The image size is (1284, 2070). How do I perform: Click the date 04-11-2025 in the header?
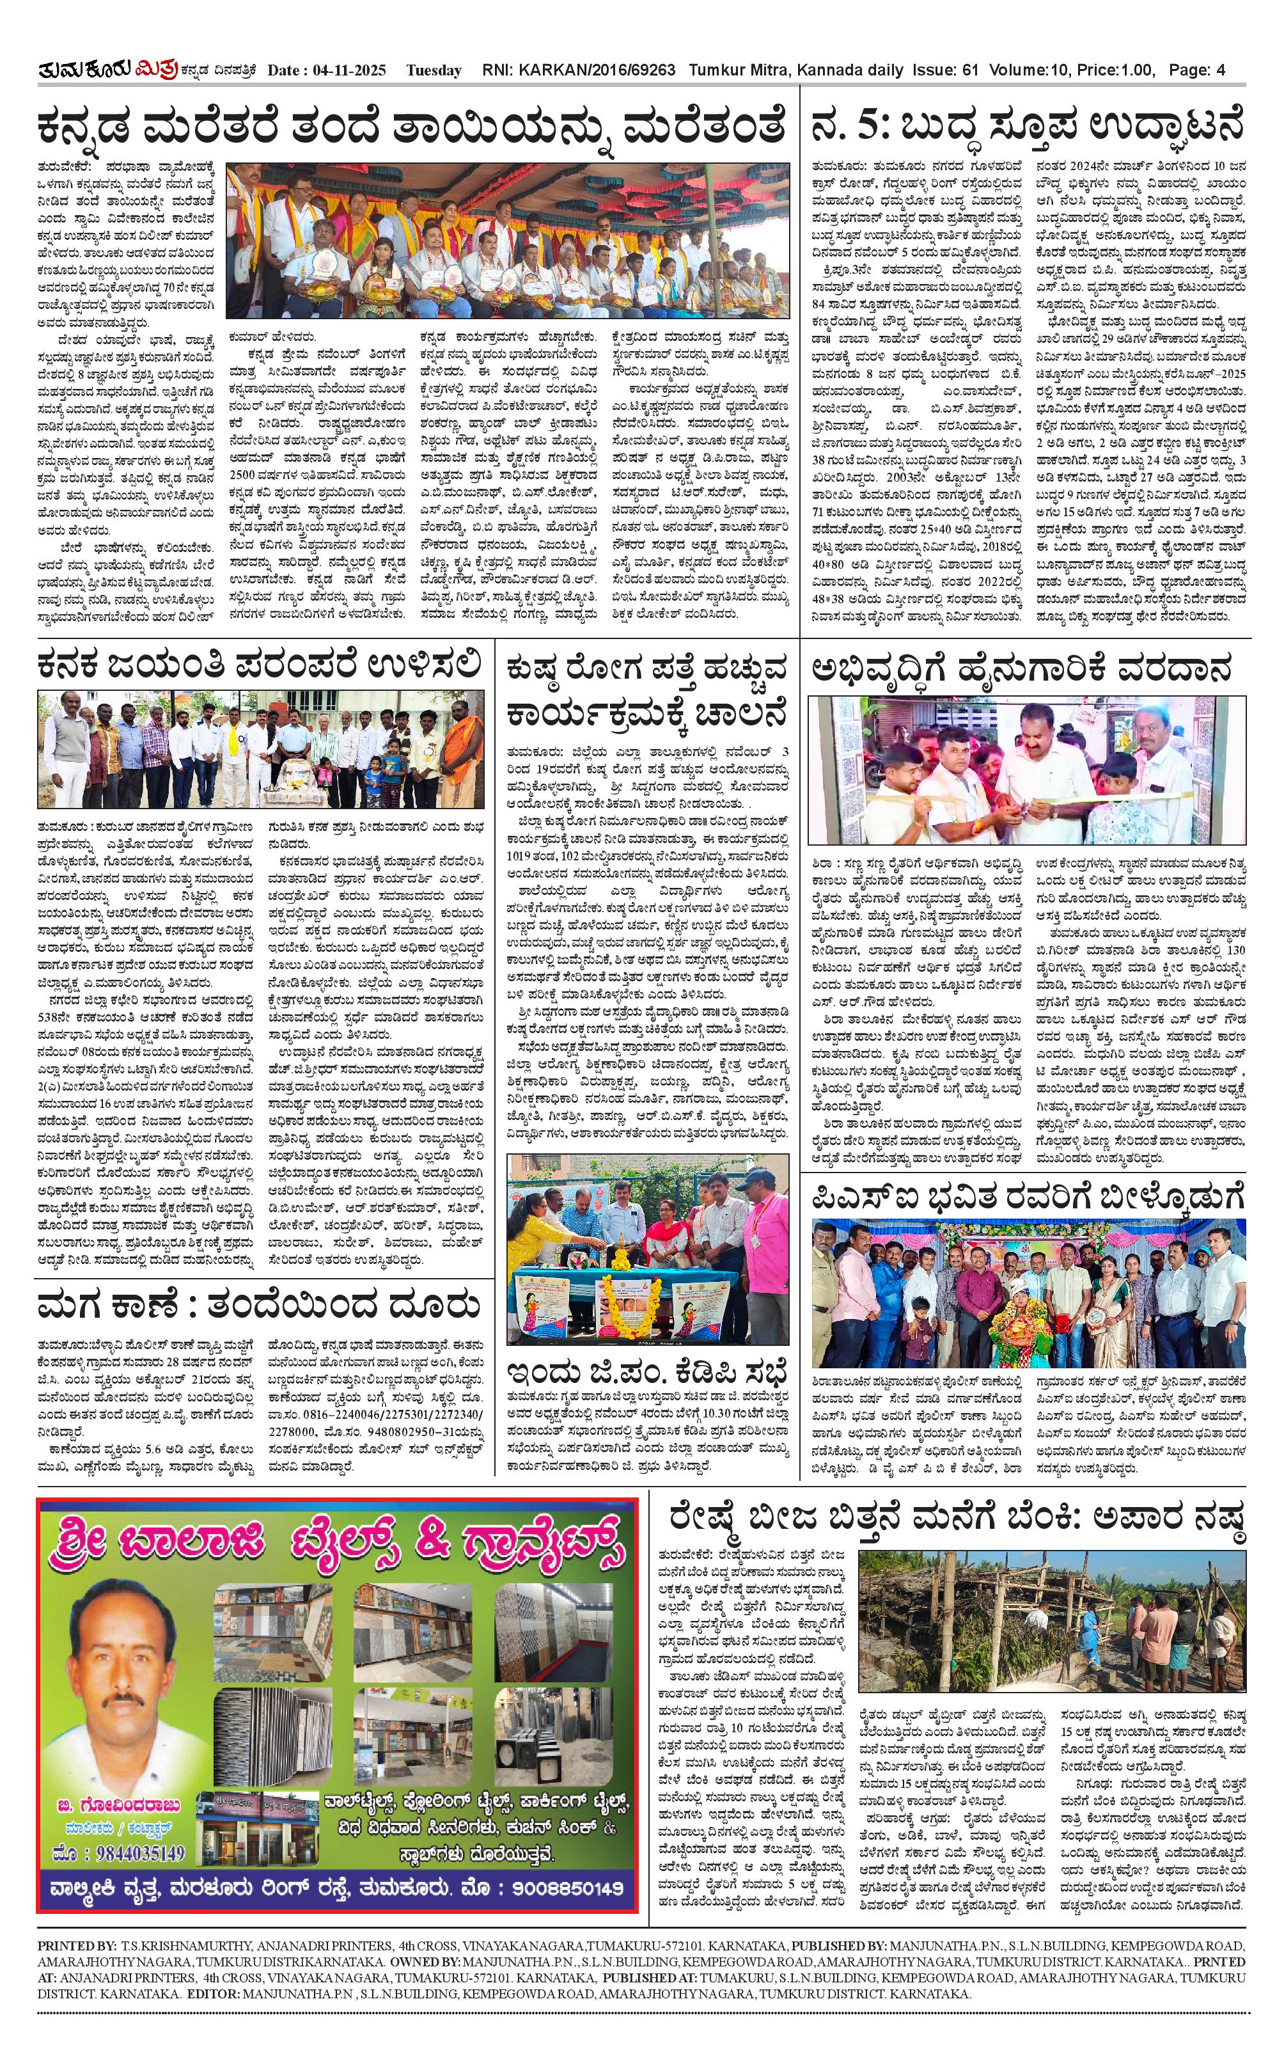(x=350, y=70)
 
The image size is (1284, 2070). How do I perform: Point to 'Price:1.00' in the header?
(x=1115, y=70)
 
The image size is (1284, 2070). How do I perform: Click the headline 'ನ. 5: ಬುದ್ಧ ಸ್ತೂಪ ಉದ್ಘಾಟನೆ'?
(x=1027, y=127)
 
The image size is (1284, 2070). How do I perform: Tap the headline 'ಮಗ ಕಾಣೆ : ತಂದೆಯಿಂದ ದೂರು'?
(x=259, y=1305)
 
